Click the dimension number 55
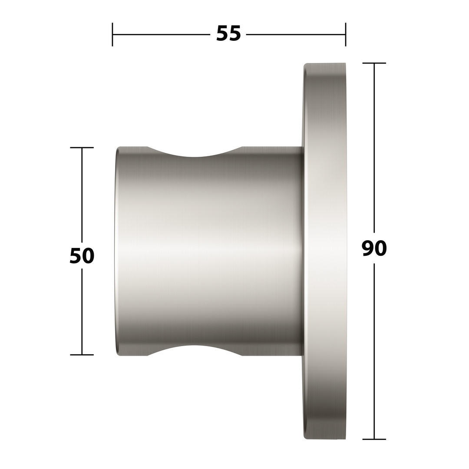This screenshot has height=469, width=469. click(x=228, y=33)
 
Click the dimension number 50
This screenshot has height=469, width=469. click(x=82, y=256)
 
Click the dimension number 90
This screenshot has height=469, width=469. click(x=374, y=248)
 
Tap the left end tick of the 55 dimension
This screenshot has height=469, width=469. click(x=112, y=34)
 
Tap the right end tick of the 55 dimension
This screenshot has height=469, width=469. click(x=346, y=34)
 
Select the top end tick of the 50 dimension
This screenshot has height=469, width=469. click(x=82, y=148)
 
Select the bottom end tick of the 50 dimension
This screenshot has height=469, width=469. click(x=82, y=355)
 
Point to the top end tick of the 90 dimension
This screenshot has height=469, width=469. click(x=374, y=63)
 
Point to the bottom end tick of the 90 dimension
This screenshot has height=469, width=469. click(x=374, y=439)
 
